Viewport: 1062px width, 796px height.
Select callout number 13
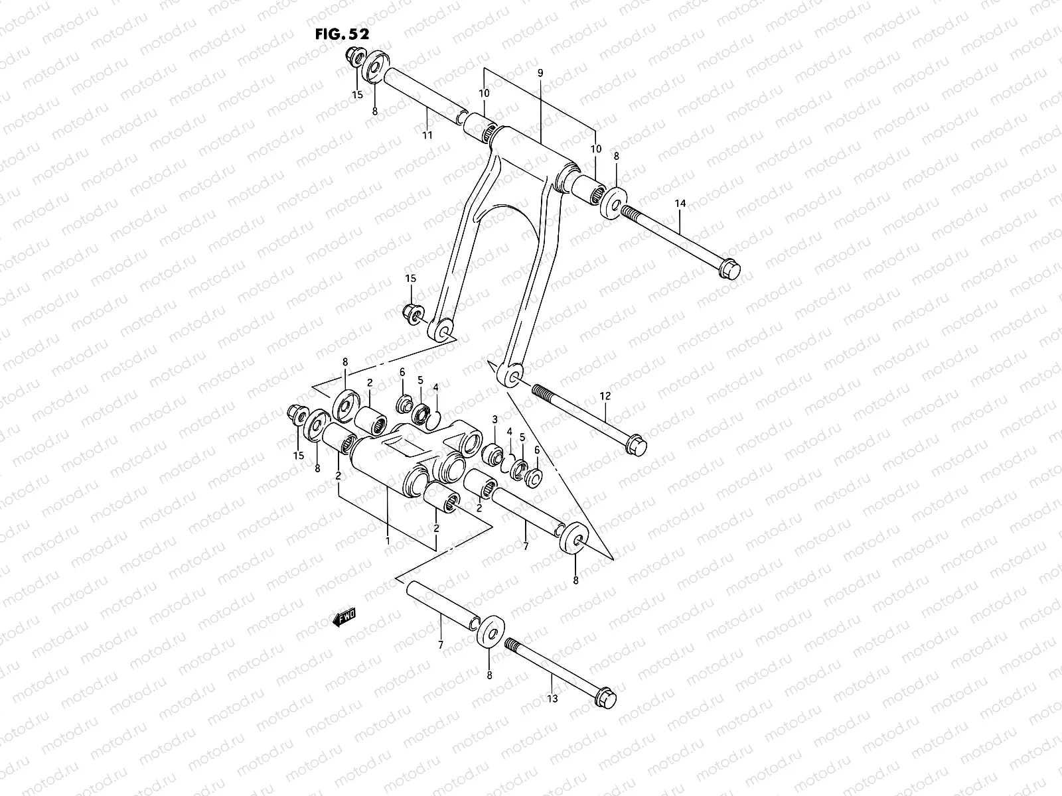pyautogui.click(x=552, y=698)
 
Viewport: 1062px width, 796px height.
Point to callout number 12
pyautogui.click(x=605, y=396)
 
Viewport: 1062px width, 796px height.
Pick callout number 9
pyautogui.click(x=540, y=73)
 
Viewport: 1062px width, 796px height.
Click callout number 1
pyautogui.click(x=387, y=541)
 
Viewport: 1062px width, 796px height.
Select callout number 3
pyautogui.click(x=494, y=420)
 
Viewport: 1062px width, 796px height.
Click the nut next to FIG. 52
pyautogui.click(x=353, y=59)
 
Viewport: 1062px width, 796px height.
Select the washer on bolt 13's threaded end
pyautogui.click(x=491, y=631)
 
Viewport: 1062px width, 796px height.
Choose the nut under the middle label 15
pyautogui.click(x=412, y=312)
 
